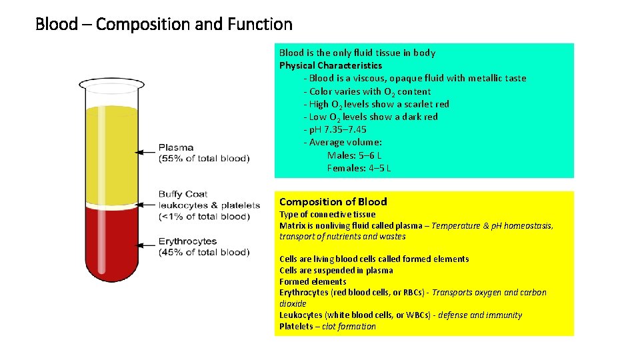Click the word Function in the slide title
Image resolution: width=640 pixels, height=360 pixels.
(261, 25)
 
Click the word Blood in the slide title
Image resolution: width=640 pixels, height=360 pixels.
(56, 25)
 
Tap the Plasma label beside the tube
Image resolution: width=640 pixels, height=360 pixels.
(176, 147)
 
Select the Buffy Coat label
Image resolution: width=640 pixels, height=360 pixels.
(183, 194)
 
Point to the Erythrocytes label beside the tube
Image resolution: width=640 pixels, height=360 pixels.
(187, 241)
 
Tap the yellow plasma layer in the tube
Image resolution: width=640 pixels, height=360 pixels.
(111, 153)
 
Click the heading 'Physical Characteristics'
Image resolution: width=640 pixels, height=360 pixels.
(331, 65)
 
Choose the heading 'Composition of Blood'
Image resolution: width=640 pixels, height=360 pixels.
(333, 201)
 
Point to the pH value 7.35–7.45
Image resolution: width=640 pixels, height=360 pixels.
(342, 129)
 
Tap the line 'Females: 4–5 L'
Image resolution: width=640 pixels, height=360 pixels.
(359, 168)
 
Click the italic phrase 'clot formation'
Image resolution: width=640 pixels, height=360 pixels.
(349, 327)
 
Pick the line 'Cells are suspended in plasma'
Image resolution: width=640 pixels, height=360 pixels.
(336, 270)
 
